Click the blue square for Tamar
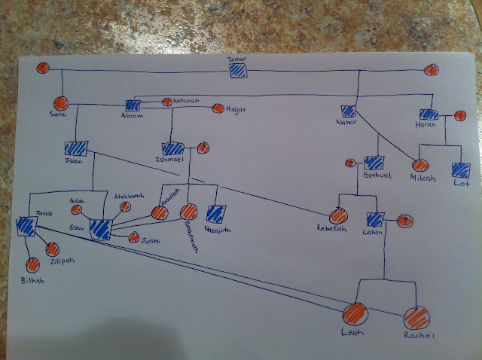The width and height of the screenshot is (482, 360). click(x=239, y=72)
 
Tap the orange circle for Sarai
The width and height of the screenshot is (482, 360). click(x=61, y=104)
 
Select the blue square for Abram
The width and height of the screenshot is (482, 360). click(x=134, y=106)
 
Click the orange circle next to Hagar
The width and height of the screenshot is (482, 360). click(x=218, y=109)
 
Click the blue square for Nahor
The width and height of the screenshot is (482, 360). click(x=348, y=110)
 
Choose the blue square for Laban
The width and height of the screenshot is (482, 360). click(x=377, y=221)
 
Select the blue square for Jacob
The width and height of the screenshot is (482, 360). click(x=26, y=226)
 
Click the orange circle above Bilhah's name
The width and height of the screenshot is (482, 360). click(x=33, y=264)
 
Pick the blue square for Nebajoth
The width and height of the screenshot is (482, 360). click(x=216, y=214)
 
